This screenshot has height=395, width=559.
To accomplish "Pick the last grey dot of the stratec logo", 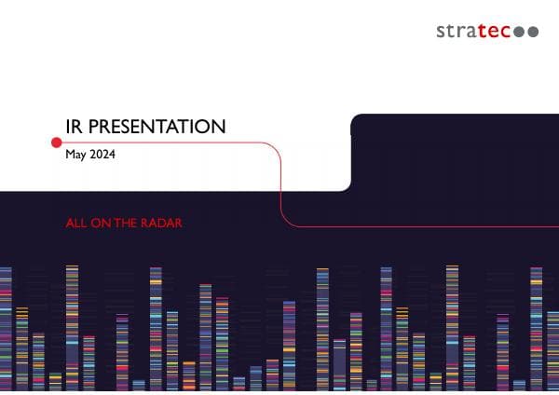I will point(533,32).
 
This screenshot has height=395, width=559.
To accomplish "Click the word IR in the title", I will point(73,126).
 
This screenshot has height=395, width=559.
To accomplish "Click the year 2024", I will point(102,155).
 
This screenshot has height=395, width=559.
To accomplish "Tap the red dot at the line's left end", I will point(56,142).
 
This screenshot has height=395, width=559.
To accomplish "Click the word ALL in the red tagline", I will point(76,224).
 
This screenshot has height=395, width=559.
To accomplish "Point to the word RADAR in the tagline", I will point(160,224).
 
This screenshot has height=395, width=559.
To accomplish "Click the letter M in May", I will point(70,155).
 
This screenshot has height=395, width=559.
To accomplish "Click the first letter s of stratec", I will point(441,32).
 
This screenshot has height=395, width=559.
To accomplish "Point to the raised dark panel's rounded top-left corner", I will point(355,119).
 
